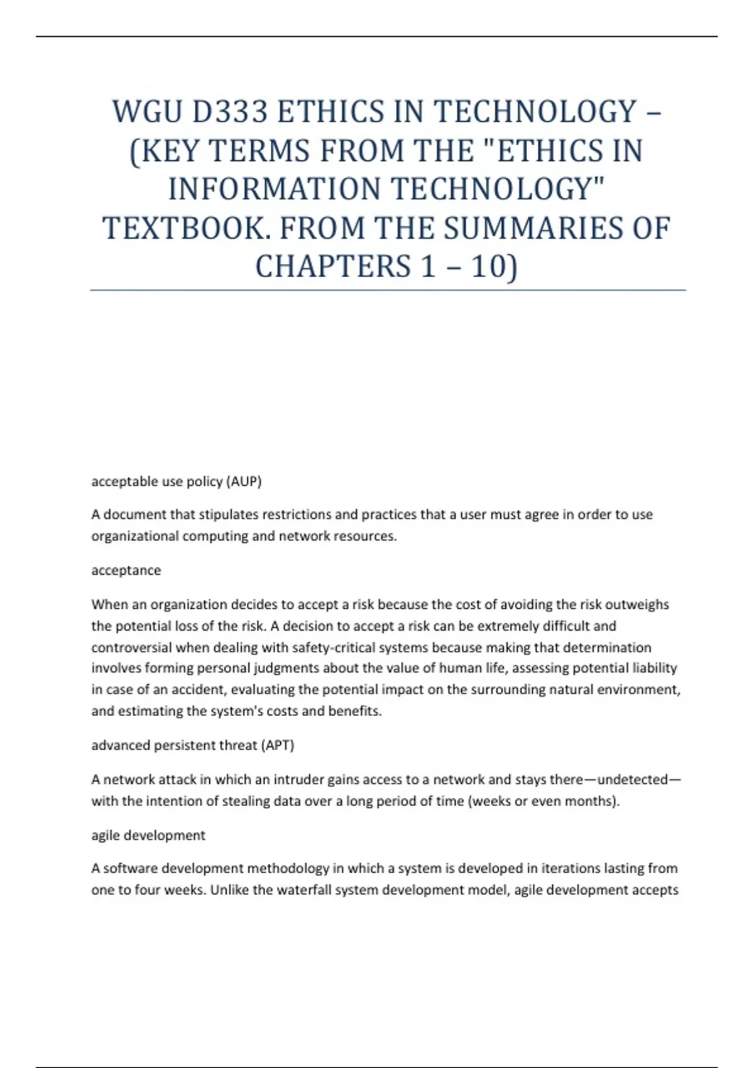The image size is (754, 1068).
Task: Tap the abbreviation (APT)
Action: [276, 745]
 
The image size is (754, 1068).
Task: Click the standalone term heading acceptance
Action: [126, 570]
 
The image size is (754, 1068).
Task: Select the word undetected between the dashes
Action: [632, 780]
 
